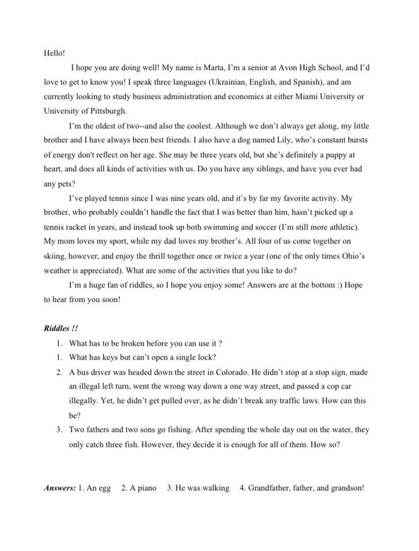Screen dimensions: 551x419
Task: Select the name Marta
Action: pyautogui.click(x=212, y=68)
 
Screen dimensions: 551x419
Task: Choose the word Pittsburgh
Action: pyautogui.click(x=105, y=111)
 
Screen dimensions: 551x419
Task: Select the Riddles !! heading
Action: pyautogui.click(x=61, y=328)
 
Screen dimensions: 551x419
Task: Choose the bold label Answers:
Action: pyautogui.click(x=59, y=488)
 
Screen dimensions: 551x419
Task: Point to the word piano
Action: pyautogui.click(x=147, y=488)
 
